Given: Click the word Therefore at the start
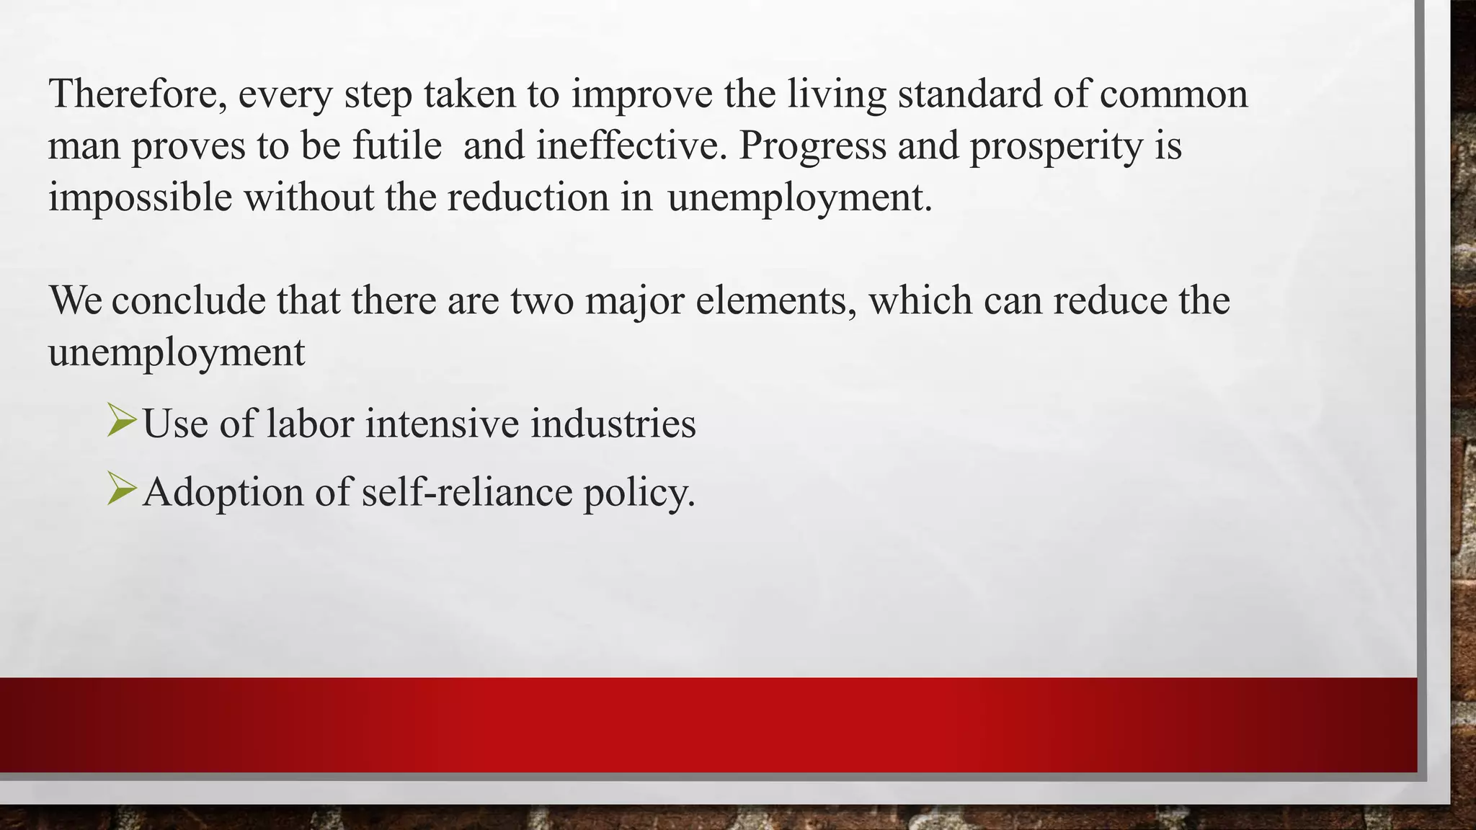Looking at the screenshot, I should tap(133, 94).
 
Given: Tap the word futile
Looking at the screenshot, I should tap(396, 146).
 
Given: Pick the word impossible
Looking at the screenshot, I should tap(140, 198).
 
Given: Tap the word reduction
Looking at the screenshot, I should tap(528, 197).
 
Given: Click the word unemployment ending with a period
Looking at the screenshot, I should tap(800, 198).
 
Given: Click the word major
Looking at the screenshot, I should tap(634, 301).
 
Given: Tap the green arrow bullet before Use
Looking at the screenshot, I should tap(120, 421).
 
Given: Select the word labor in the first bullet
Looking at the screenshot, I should tap(310, 423).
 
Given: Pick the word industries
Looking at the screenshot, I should tap(613, 423).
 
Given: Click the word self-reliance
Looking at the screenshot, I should tap(466, 493).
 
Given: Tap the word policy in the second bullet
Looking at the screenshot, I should tap(639, 494).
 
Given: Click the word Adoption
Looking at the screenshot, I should tap(223, 494).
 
